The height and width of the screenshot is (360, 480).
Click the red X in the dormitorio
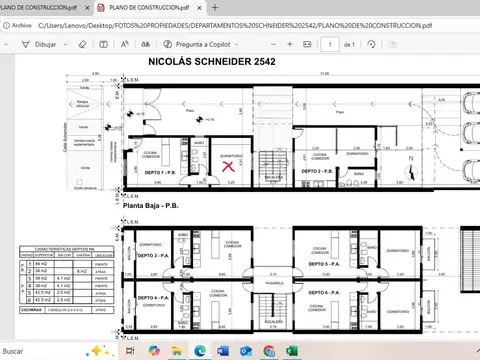[x=229, y=166]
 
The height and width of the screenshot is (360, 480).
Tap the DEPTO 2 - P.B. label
[x=333, y=172]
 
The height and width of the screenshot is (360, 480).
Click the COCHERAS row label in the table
[x=30, y=308]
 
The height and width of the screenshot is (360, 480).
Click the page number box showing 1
[x=330, y=45]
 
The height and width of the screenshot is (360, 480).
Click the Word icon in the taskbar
[x=244, y=351]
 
